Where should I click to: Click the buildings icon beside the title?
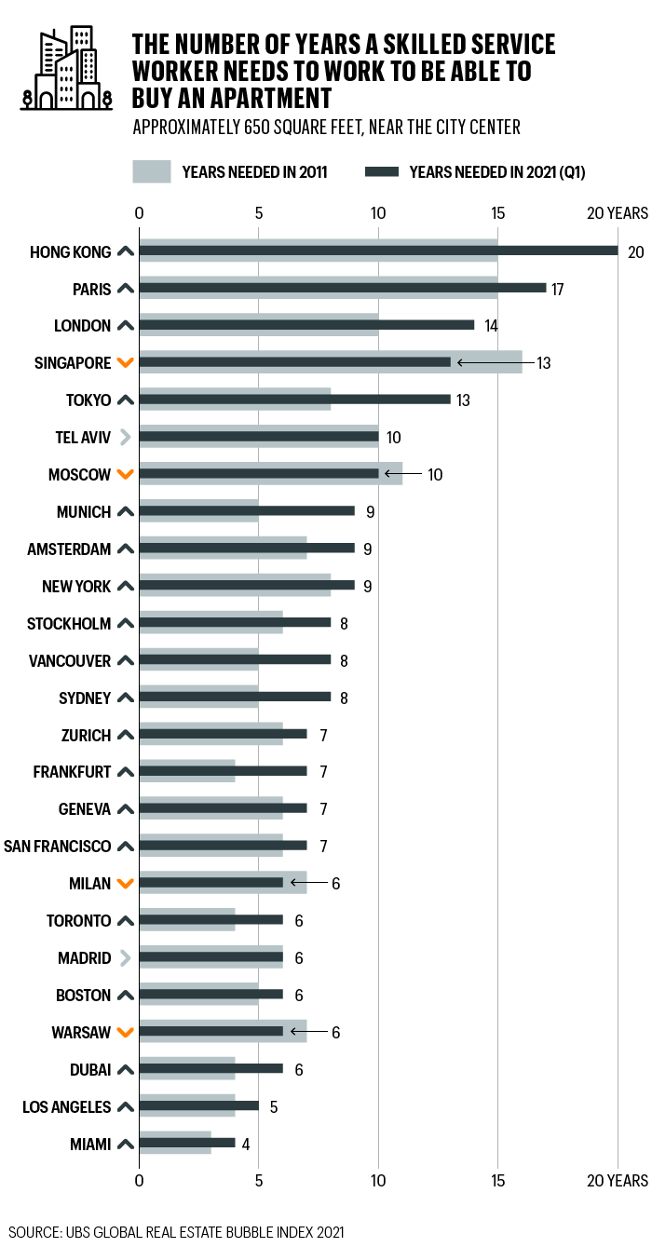click(x=66, y=68)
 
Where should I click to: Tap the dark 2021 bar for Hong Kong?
click(x=378, y=251)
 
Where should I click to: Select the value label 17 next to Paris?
click(x=558, y=289)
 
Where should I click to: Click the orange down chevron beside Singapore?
click(x=127, y=363)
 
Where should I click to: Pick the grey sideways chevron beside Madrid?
click(x=127, y=958)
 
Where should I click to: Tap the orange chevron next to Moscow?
click(x=127, y=475)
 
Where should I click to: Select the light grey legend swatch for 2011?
click(x=152, y=171)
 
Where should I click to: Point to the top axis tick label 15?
click(x=498, y=213)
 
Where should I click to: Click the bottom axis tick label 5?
click(x=259, y=1181)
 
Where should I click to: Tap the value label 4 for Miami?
click(x=247, y=1144)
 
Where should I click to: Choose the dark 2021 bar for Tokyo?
click(x=294, y=400)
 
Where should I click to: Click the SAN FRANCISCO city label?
click(x=58, y=847)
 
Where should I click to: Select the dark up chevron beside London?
click(x=127, y=326)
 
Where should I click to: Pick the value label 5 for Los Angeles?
click(x=274, y=1106)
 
